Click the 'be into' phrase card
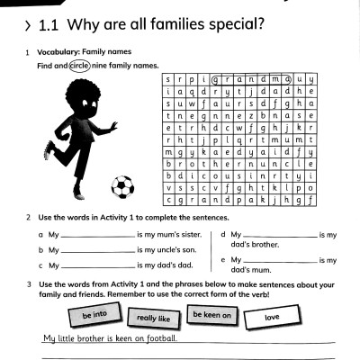coord(94,317)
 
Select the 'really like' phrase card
coord(154,318)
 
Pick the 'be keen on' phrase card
coord(212,315)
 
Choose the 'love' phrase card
coord(273,318)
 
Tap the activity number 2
coord(30,218)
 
